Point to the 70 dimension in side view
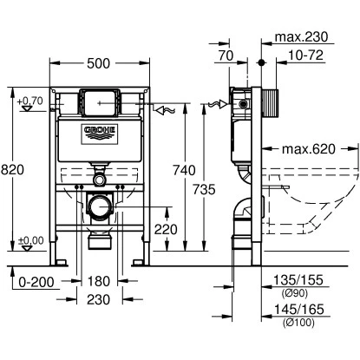227,54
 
